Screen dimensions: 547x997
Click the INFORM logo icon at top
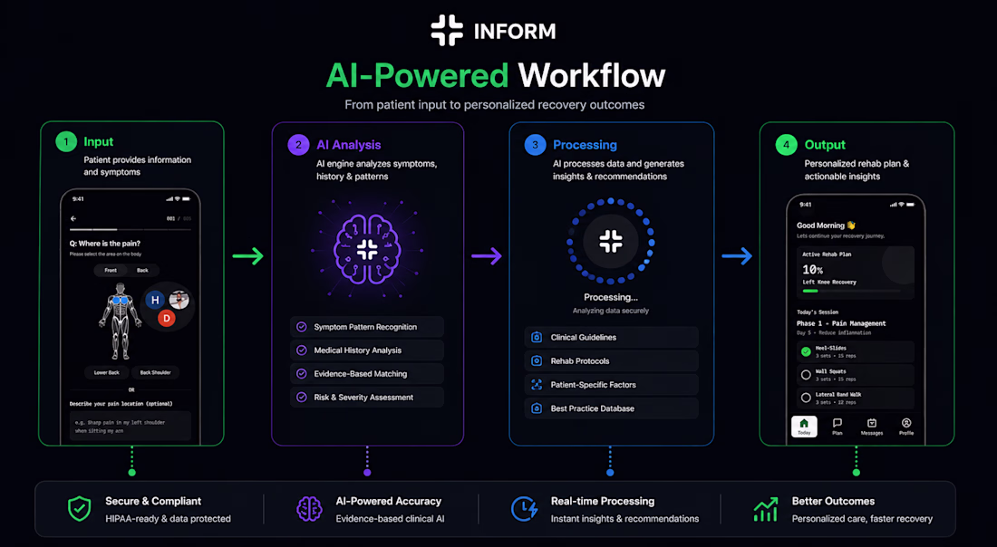pos(447,30)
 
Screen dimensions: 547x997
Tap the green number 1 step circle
pos(65,142)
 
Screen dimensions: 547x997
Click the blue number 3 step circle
pos(535,145)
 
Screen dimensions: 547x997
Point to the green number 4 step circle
pos(786,145)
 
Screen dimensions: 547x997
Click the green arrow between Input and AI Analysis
pos(247,256)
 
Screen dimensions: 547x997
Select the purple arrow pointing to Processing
pos(487,256)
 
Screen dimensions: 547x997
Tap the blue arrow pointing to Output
pos(737,256)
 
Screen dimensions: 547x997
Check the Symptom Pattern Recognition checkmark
pos(301,327)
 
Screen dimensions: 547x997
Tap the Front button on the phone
pos(111,270)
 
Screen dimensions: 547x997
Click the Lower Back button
pos(107,372)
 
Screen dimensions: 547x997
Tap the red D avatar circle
pos(166,318)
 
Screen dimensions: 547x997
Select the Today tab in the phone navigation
pos(804,427)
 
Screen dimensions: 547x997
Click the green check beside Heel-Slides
pos(805,350)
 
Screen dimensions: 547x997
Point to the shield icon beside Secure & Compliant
pos(80,509)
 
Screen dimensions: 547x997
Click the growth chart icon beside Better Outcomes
pos(766,509)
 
